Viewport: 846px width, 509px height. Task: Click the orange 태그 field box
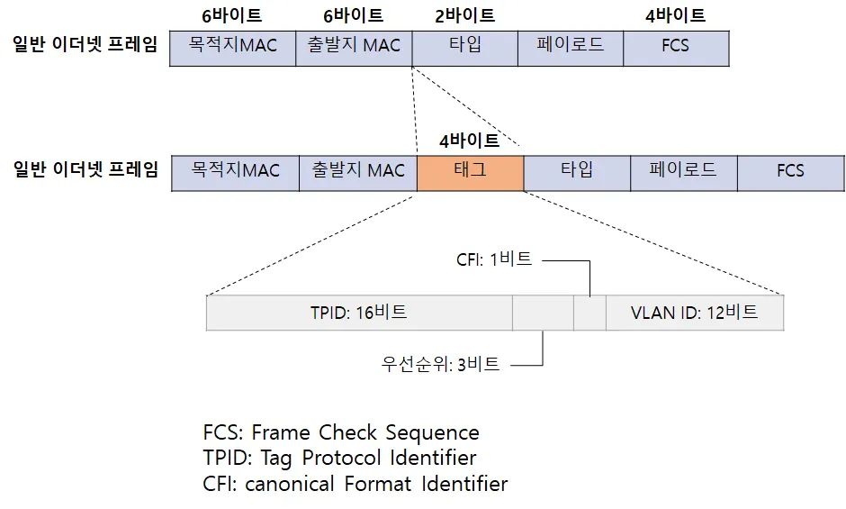(470, 171)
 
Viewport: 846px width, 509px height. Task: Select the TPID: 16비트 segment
(359, 313)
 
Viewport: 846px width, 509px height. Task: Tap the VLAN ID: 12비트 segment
(694, 313)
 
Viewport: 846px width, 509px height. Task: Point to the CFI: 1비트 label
(494, 259)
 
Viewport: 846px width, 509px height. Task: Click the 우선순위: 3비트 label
(441, 365)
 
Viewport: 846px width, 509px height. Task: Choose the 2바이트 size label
(464, 15)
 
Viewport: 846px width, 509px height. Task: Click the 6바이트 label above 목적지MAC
(232, 15)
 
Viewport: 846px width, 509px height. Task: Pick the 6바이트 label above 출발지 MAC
(353, 15)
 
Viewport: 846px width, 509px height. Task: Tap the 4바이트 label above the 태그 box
(469, 140)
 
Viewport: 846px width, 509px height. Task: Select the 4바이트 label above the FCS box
(675, 15)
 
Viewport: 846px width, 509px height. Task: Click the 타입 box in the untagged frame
(464, 46)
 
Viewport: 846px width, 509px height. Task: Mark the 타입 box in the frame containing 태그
(576, 171)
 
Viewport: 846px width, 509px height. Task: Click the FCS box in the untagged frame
(675, 46)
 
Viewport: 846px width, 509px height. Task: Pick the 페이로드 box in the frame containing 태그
(683, 171)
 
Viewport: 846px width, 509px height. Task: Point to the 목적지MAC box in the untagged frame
(232, 46)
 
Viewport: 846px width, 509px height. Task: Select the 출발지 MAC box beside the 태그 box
(358, 171)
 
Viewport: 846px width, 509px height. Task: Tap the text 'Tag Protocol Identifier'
(369, 458)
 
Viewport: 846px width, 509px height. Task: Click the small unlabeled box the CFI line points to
(589, 313)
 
